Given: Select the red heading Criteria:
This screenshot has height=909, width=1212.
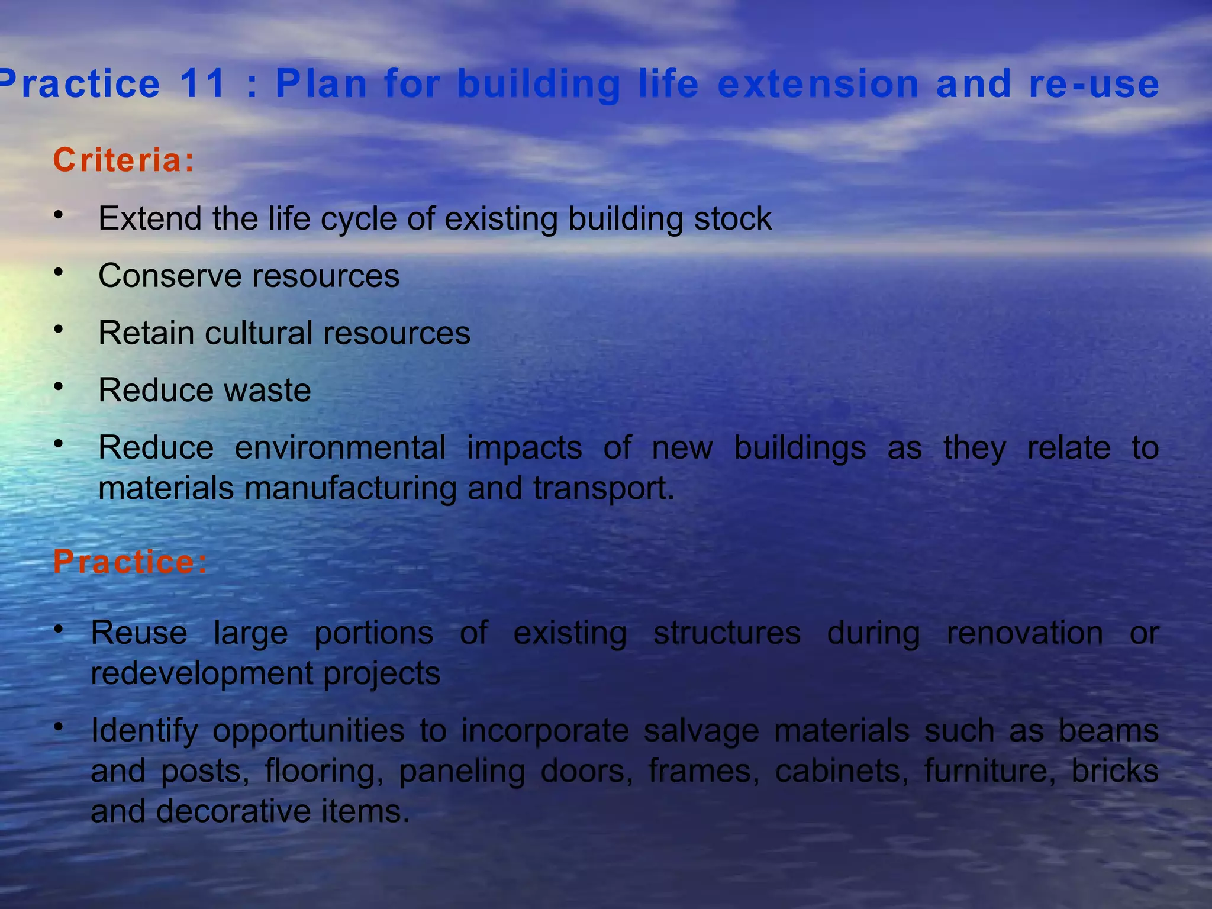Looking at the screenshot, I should coord(124,160).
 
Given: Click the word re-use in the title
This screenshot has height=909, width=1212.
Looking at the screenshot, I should coord(1094,83).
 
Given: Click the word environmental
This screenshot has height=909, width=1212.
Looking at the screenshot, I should coord(340,447).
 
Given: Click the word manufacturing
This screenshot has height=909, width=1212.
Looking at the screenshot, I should coord(350,489).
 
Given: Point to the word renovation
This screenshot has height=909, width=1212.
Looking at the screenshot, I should coord(1024,633).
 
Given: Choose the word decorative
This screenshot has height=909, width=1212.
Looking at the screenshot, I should coord(234,811).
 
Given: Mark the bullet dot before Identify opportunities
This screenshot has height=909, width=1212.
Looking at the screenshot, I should coord(58,726).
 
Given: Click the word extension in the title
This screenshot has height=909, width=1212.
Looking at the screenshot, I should coord(818,83).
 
